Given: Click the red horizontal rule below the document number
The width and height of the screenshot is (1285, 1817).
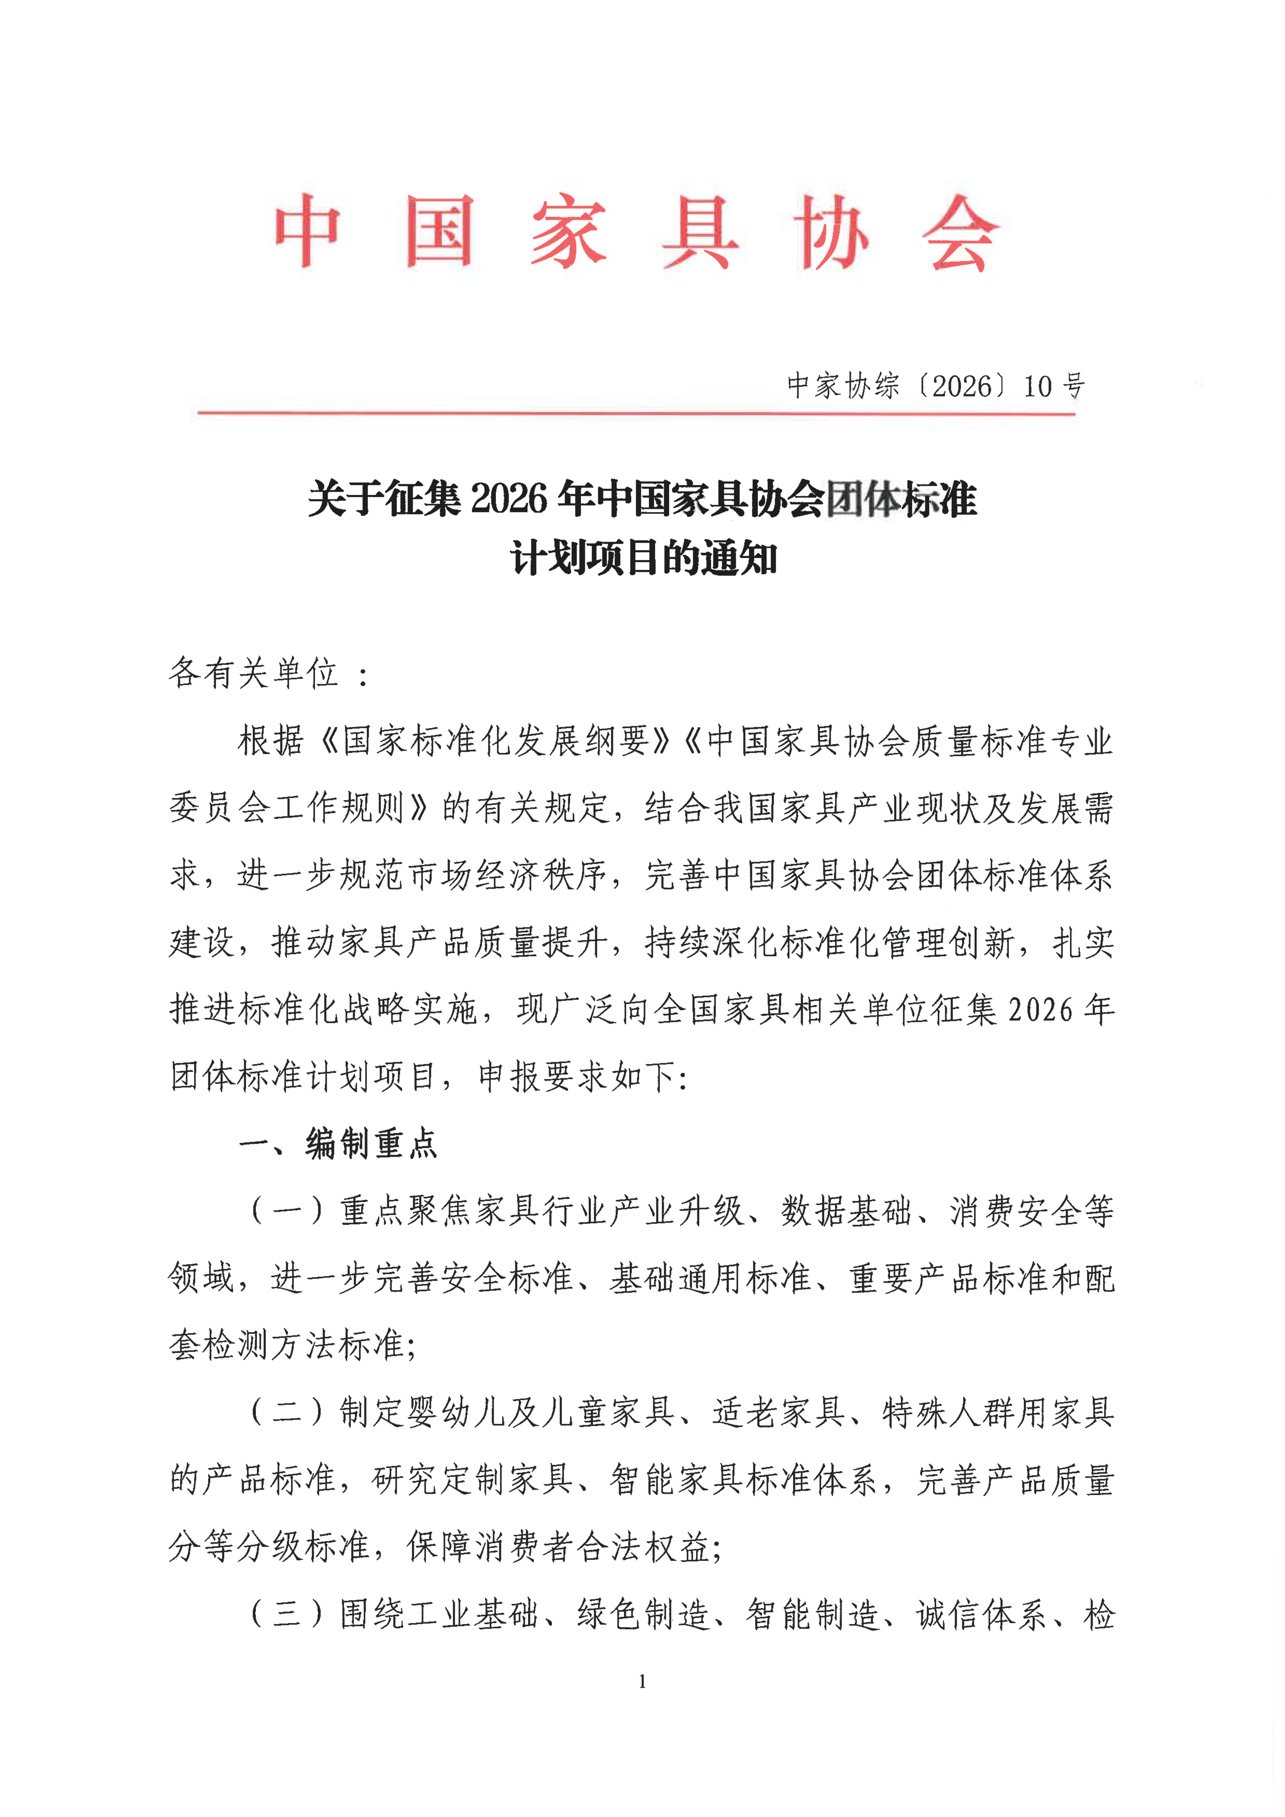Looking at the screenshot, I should (x=637, y=412).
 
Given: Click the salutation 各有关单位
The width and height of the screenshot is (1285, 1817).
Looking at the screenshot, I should (x=253, y=673).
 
